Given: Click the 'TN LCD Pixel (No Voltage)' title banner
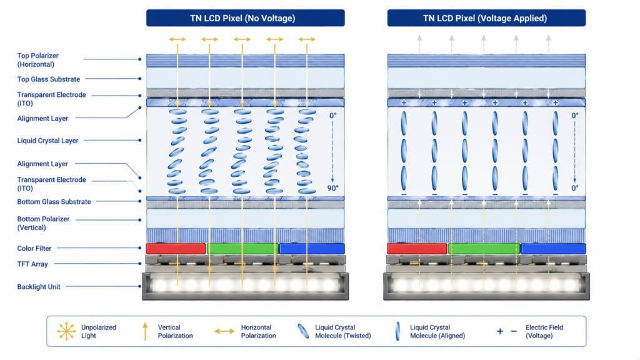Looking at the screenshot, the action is coord(245,18).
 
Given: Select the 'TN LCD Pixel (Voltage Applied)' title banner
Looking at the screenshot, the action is coord(486,18).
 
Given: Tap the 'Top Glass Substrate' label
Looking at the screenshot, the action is coord(49,79).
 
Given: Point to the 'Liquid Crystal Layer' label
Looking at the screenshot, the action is coord(47,141).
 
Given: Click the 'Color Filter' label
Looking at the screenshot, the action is coord(34,248).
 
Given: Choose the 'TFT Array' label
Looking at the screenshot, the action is coord(32,264).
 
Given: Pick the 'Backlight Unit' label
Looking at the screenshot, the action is coord(39,286).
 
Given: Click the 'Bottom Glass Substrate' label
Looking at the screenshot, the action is coord(54,202).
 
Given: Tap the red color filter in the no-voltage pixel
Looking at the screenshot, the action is coord(176,248).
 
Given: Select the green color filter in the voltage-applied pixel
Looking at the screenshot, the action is coord(484,248).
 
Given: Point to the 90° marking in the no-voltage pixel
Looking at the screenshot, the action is coord(333,188).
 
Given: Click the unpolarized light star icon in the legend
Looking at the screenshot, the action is coord(66,331).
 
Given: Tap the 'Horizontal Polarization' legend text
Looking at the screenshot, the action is coord(258,331).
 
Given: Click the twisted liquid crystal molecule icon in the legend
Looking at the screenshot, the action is coord(303,331).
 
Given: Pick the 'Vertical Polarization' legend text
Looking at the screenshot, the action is coord(175,331).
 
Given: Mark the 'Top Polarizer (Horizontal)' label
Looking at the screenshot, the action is coord(37,60).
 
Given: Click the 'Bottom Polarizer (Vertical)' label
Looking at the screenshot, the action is coord(43,223).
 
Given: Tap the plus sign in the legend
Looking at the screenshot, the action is coord(500,331).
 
